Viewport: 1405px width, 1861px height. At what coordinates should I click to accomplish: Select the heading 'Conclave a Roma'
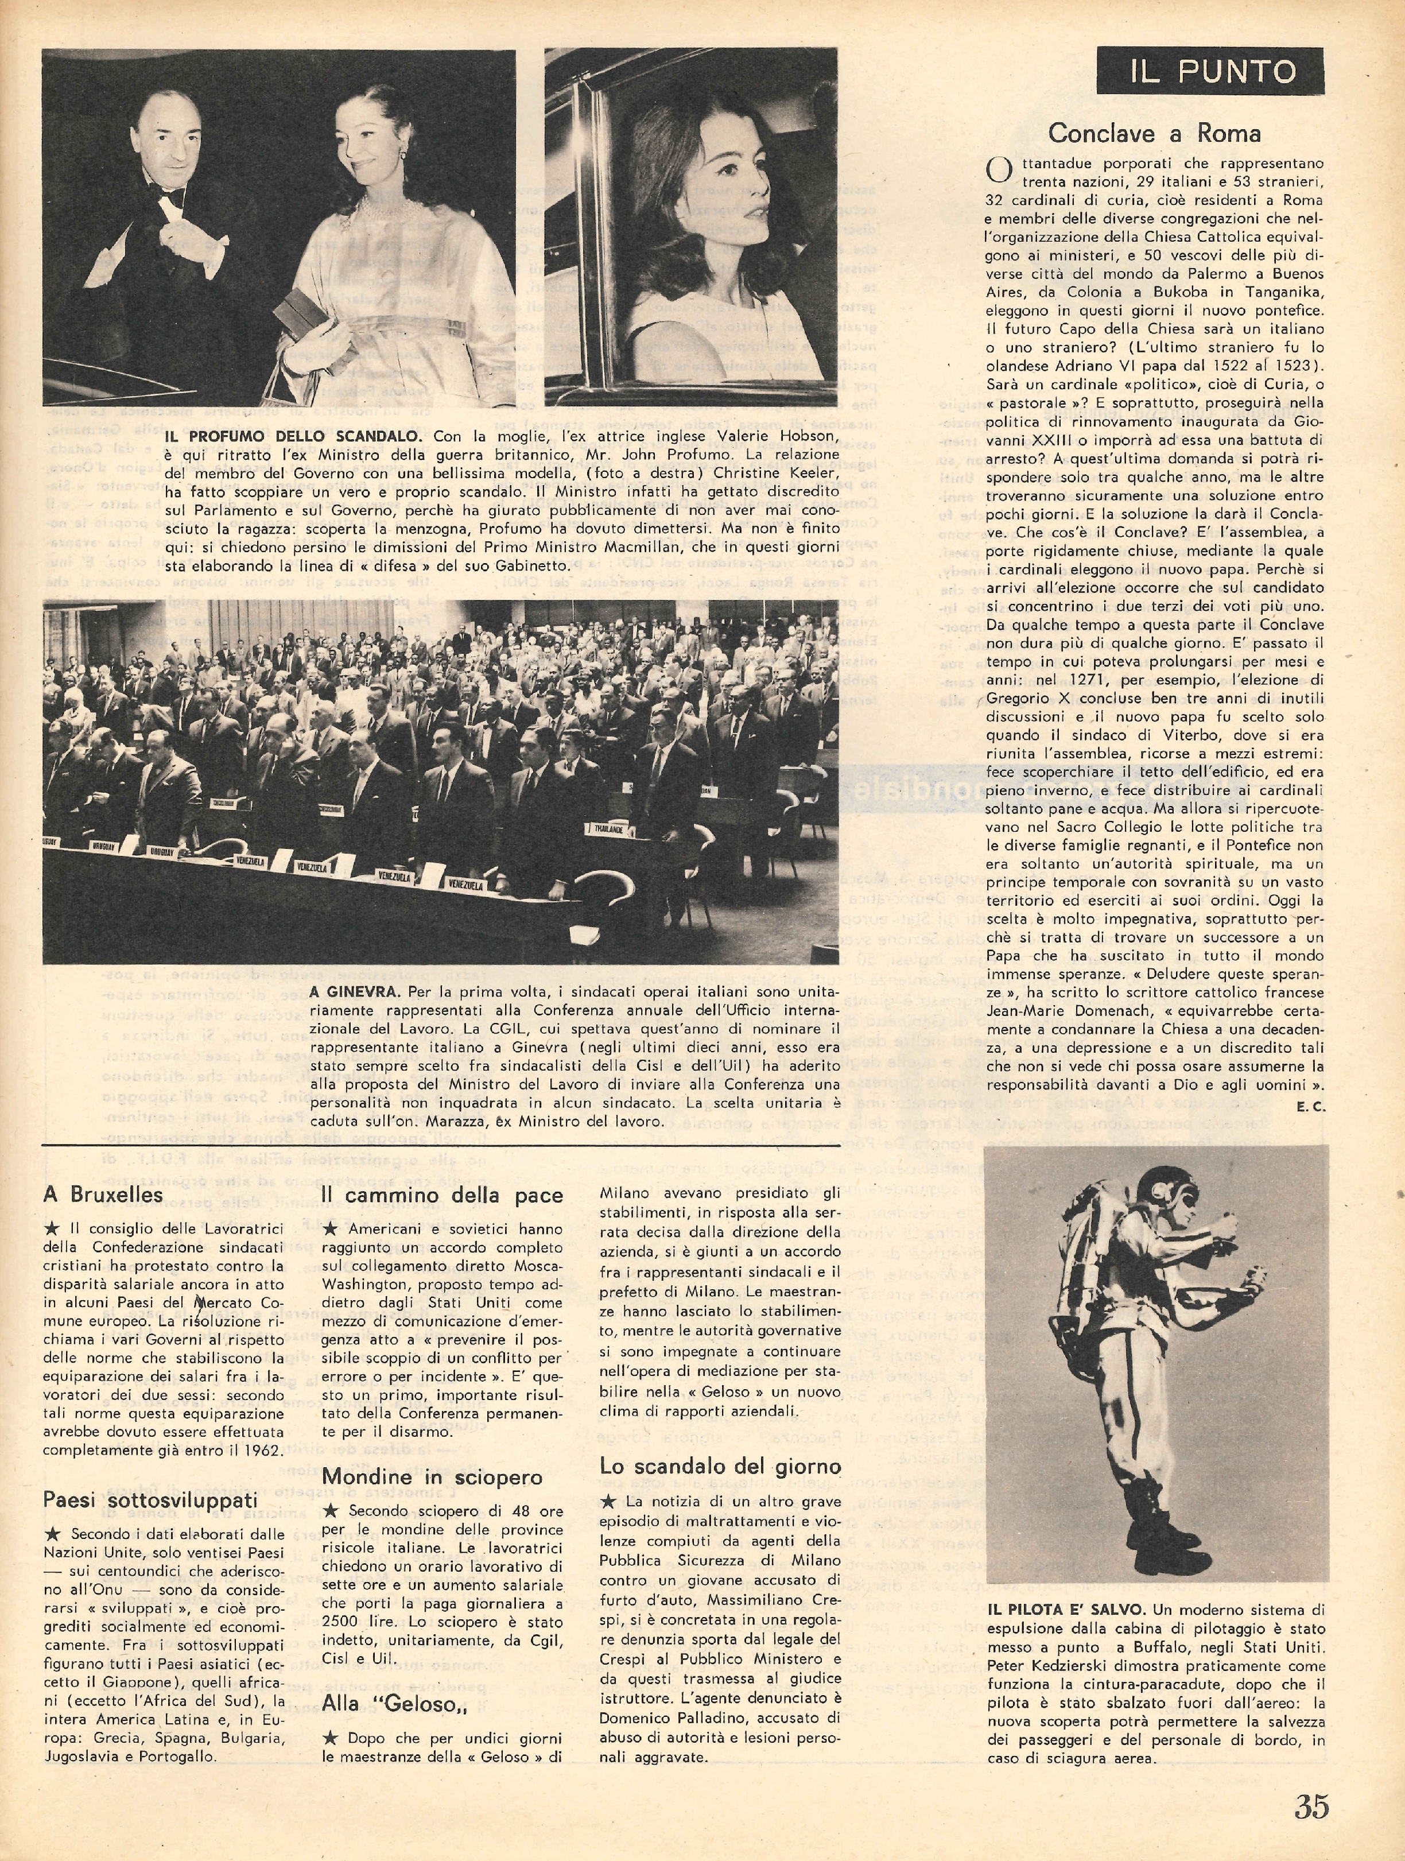point(1154,133)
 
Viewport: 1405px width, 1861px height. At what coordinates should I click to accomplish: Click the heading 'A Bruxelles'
point(103,1194)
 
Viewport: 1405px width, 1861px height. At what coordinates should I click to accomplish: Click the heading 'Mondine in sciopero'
point(432,1478)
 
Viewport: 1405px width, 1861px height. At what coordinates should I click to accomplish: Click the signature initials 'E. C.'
point(1310,1107)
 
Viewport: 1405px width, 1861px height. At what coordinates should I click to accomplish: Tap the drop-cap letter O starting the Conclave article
point(998,171)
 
